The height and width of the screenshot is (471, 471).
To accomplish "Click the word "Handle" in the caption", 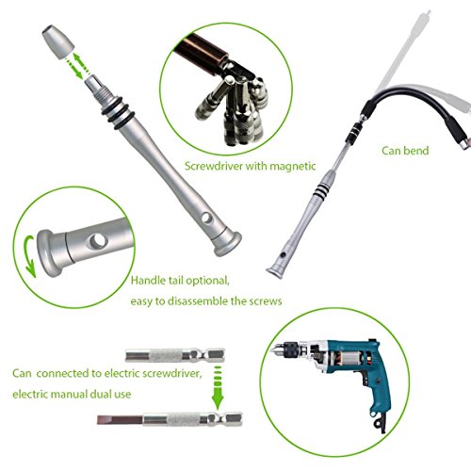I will (x=150, y=281).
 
